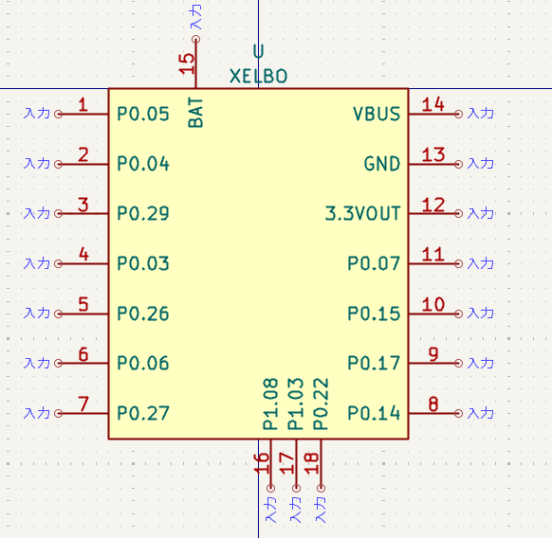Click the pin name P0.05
point(143,114)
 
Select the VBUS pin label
point(377,114)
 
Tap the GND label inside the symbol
point(382,164)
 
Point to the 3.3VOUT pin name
point(362,213)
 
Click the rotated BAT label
point(195,113)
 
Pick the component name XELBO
point(258,76)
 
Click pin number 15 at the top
point(187,63)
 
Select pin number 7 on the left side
point(83,403)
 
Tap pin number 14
point(433,104)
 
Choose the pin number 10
point(433,304)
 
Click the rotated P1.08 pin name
point(270,404)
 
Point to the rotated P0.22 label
point(321,404)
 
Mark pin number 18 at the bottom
point(311,463)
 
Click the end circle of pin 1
point(59,114)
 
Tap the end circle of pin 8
point(458,413)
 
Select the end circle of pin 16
point(270,488)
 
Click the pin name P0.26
point(143,314)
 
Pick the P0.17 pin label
point(374,363)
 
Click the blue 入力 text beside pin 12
point(481,213)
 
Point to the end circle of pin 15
point(195,39)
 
